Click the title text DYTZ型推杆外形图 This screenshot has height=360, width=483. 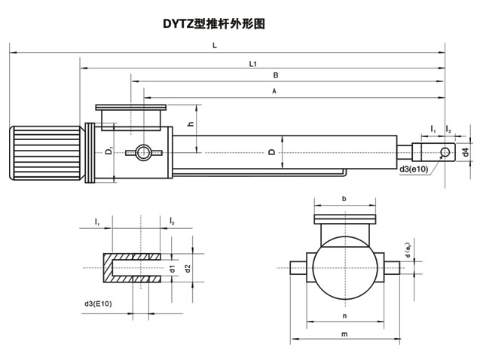(x=215, y=23)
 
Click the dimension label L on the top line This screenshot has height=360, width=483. (x=215, y=46)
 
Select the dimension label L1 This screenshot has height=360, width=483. (x=253, y=63)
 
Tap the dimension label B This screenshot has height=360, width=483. (x=276, y=75)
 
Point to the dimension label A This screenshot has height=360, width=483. (x=275, y=90)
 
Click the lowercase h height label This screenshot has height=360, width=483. (x=191, y=124)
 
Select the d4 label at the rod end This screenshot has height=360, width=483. (x=466, y=152)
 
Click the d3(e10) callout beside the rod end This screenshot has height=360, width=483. (x=414, y=168)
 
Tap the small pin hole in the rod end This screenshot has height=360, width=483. (x=446, y=154)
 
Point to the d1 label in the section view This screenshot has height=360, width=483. (x=172, y=267)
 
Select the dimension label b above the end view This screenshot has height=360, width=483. (x=344, y=200)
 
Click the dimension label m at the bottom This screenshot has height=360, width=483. (x=344, y=334)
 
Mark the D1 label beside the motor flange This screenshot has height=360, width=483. (x=109, y=153)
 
